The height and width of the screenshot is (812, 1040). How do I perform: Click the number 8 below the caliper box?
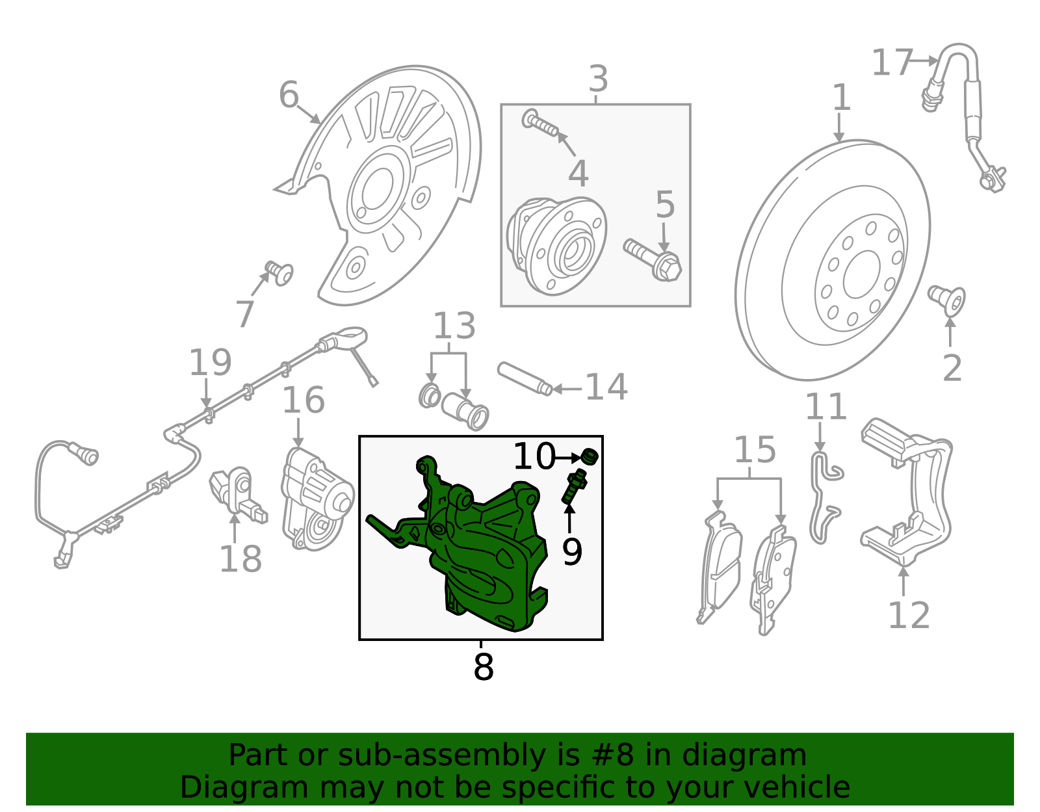[483, 666]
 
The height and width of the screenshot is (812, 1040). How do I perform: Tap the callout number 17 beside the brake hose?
[892, 62]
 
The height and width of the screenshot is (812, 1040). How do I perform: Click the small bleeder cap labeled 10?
[590, 456]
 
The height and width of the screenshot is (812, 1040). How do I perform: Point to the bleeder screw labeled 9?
[575, 486]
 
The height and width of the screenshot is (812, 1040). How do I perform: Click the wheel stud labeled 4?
[540, 123]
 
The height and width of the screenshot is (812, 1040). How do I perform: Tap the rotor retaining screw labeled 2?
[946, 300]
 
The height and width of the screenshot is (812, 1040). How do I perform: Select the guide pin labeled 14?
[525, 379]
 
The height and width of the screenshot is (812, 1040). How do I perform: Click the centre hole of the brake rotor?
[861, 274]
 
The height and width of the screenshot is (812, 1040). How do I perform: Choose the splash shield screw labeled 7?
[279, 273]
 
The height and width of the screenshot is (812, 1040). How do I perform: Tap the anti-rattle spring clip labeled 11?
[825, 498]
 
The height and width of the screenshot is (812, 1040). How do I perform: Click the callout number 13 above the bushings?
[454, 326]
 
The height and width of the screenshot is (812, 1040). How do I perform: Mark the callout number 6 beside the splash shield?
[289, 94]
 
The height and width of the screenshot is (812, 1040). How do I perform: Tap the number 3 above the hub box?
[598, 79]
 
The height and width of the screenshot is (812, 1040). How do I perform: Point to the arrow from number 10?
[569, 458]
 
